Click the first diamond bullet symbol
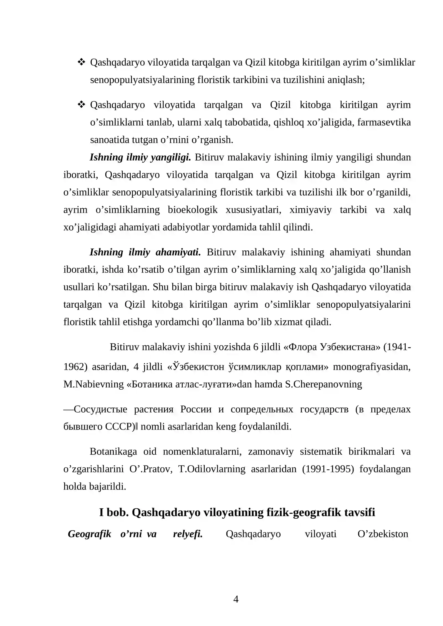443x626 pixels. (x=81, y=62)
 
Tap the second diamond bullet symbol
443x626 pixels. (x=81, y=105)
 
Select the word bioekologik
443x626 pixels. (x=193, y=210)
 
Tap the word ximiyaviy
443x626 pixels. (x=310, y=210)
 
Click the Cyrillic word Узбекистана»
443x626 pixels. (x=350, y=347)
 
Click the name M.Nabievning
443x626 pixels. (x=94, y=384)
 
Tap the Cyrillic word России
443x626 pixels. (x=196, y=409)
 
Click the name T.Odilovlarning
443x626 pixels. (x=212, y=469)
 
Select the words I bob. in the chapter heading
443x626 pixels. (x=114, y=512)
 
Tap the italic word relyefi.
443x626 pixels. (x=188, y=534)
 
